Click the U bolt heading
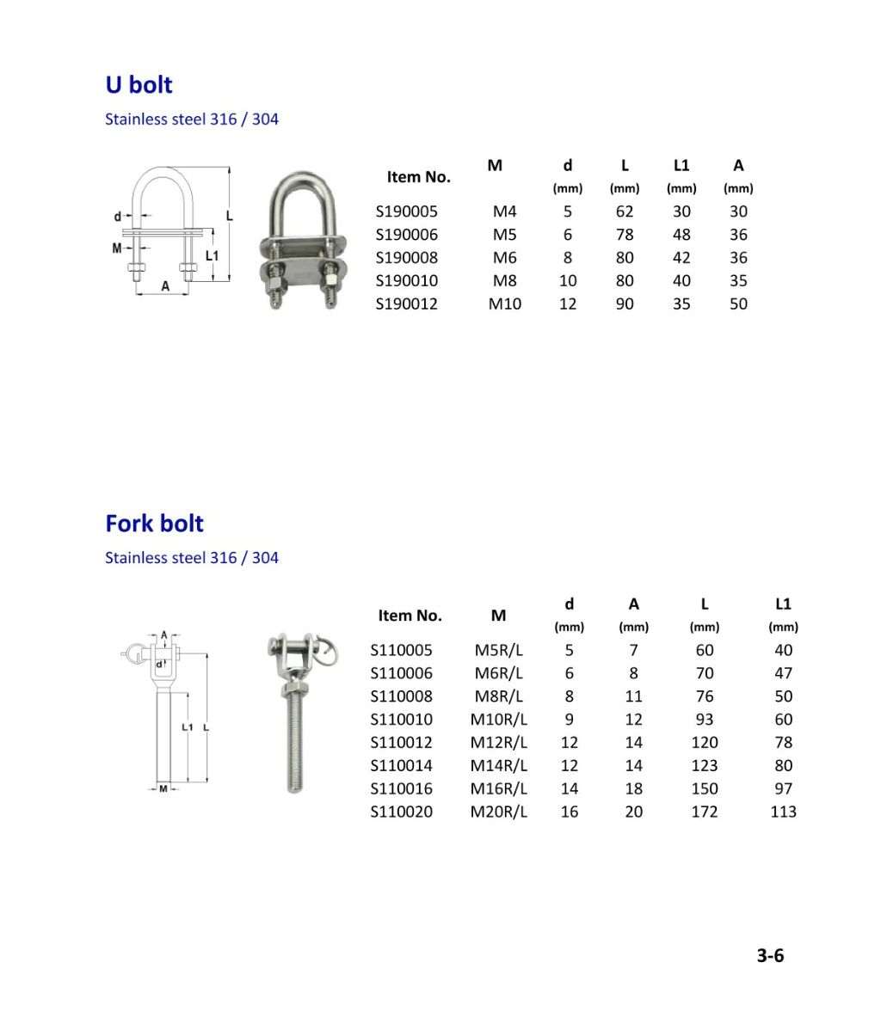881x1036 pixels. tap(139, 85)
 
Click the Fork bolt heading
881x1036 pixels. tap(154, 524)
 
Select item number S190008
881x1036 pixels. tap(406, 257)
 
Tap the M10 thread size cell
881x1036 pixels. tap(504, 303)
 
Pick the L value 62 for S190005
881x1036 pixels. tap(625, 211)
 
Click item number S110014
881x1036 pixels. tap(401, 765)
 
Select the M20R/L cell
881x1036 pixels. tap(498, 812)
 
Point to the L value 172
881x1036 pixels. tap(704, 812)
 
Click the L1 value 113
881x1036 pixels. tap(783, 812)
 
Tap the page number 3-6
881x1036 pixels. tap(770, 955)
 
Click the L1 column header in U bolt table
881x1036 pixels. tap(681, 166)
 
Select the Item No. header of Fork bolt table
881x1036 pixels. tap(410, 616)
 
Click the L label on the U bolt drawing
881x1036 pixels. tap(230, 217)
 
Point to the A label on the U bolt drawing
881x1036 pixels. tap(165, 286)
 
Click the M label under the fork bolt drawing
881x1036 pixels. tap(163, 788)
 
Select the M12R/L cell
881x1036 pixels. tap(498, 742)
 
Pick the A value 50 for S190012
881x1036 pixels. tap(738, 303)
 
